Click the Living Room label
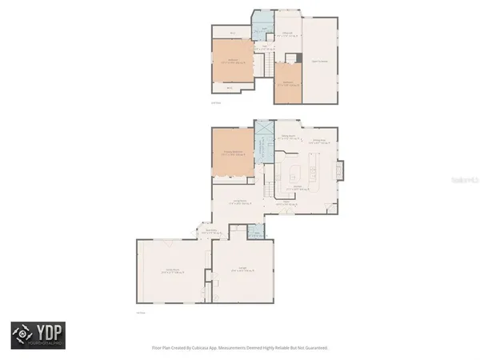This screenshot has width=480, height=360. click(238, 202)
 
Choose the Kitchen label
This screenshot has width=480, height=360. click(295, 186)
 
